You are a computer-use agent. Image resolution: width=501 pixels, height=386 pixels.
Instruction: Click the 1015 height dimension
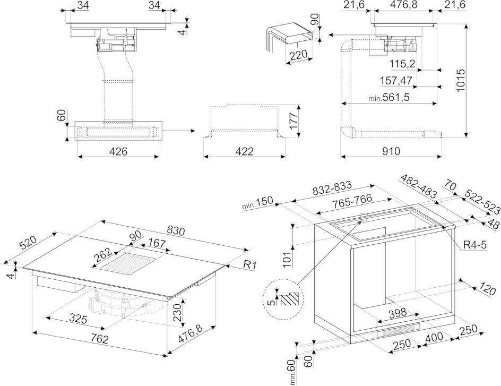click(461, 81)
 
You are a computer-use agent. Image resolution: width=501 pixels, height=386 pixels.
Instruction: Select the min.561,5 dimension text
click(389, 98)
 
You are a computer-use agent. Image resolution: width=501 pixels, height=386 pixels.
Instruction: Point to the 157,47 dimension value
click(396, 81)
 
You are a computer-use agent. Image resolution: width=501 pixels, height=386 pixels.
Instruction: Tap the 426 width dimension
click(118, 151)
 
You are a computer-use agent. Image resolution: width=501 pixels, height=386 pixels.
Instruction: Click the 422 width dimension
click(244, 151)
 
